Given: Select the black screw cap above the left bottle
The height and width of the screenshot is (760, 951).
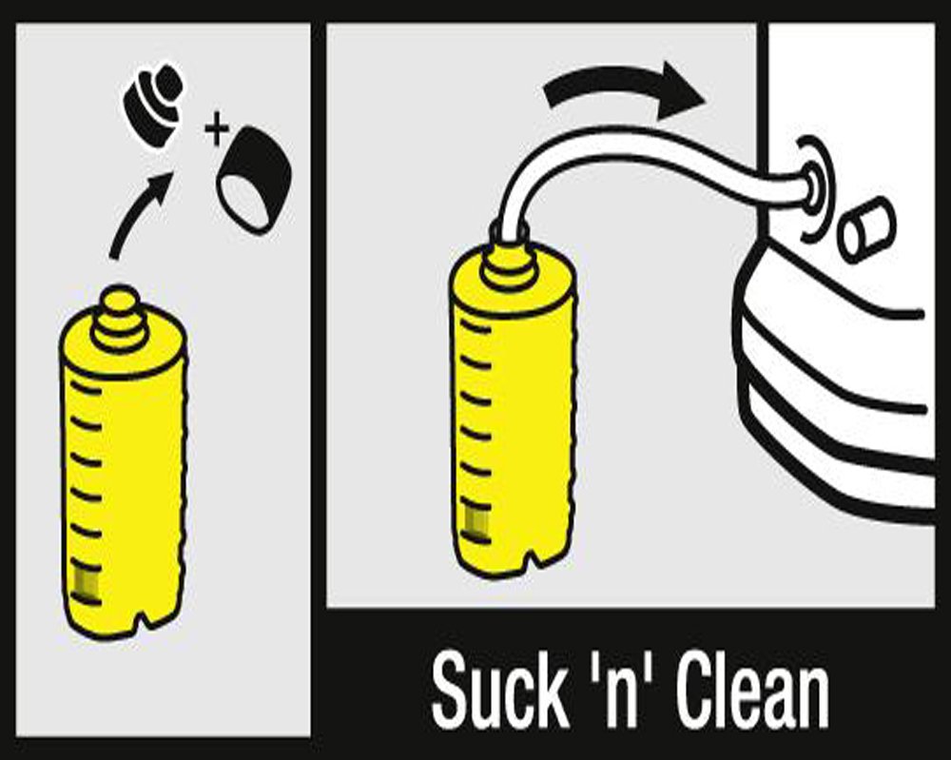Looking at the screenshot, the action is [x=153, y=103].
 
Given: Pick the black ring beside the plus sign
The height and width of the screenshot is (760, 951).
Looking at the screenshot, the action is [x=255, y=180].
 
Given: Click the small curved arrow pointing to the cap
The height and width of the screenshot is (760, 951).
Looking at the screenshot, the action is [x=138, y=213].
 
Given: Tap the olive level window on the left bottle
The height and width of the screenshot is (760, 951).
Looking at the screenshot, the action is [x=85, y=583].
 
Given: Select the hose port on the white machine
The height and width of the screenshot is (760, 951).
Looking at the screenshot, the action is [x=813, y=185].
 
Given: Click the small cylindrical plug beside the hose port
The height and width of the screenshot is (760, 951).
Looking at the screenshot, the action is [x=866, y=230].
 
